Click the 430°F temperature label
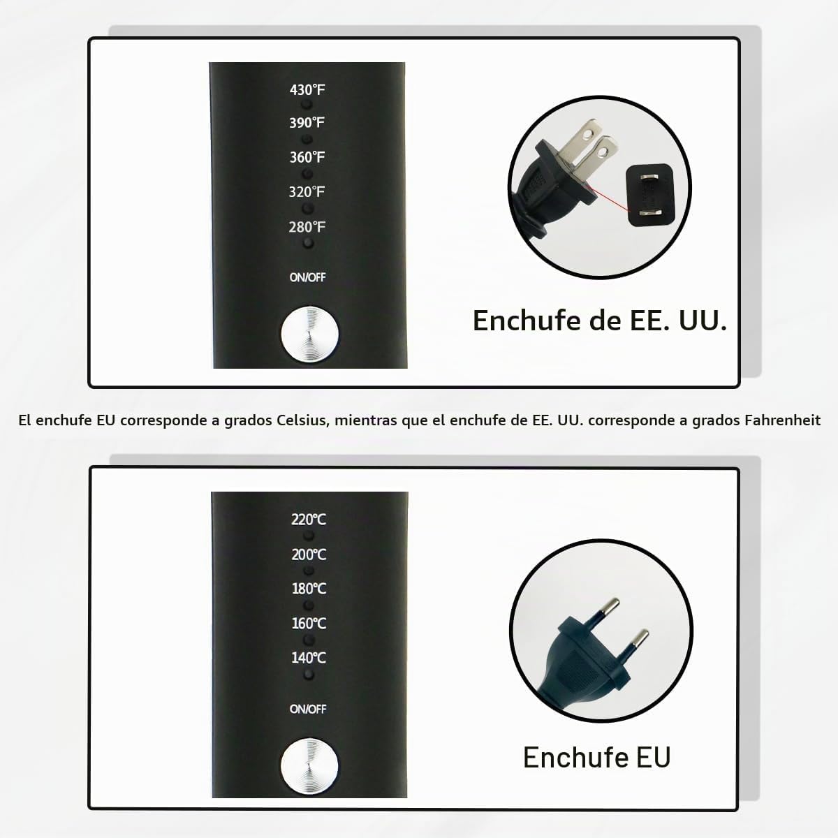[x=307, y=90]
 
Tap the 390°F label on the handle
[x=307, y=123]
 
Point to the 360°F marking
[x=307, y=157]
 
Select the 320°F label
[x=307, y=192]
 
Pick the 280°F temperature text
[x=307, y=227]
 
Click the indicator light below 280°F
[x=308, y=243]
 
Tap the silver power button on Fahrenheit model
[x=309, y=335]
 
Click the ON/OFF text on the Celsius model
[x=308, y=709]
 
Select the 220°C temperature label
[x=309, y=520]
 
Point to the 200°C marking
[x=309, y=554]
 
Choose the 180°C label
[x=309, y=589]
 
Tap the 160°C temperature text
[x=309, y=624]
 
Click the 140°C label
[x=309, y=658]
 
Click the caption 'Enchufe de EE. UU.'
[x=600, y=321]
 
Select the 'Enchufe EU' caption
[x=596, y=757]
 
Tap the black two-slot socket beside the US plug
[x=649, y=195]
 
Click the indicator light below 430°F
[x=307, y=105]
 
